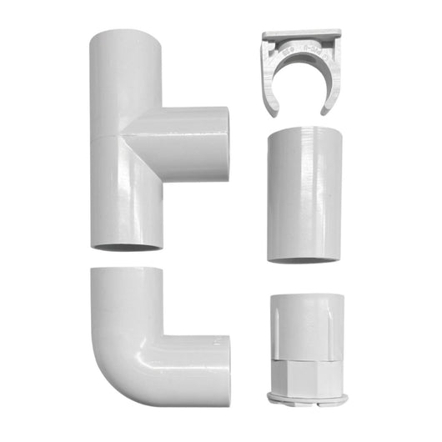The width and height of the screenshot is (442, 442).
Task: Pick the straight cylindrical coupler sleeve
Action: pos(301,193)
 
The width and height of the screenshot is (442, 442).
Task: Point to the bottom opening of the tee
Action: pos(125,246)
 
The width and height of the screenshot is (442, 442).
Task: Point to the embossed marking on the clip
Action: pos(302,52)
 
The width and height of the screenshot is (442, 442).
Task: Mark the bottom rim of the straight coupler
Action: pos(301,257)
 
